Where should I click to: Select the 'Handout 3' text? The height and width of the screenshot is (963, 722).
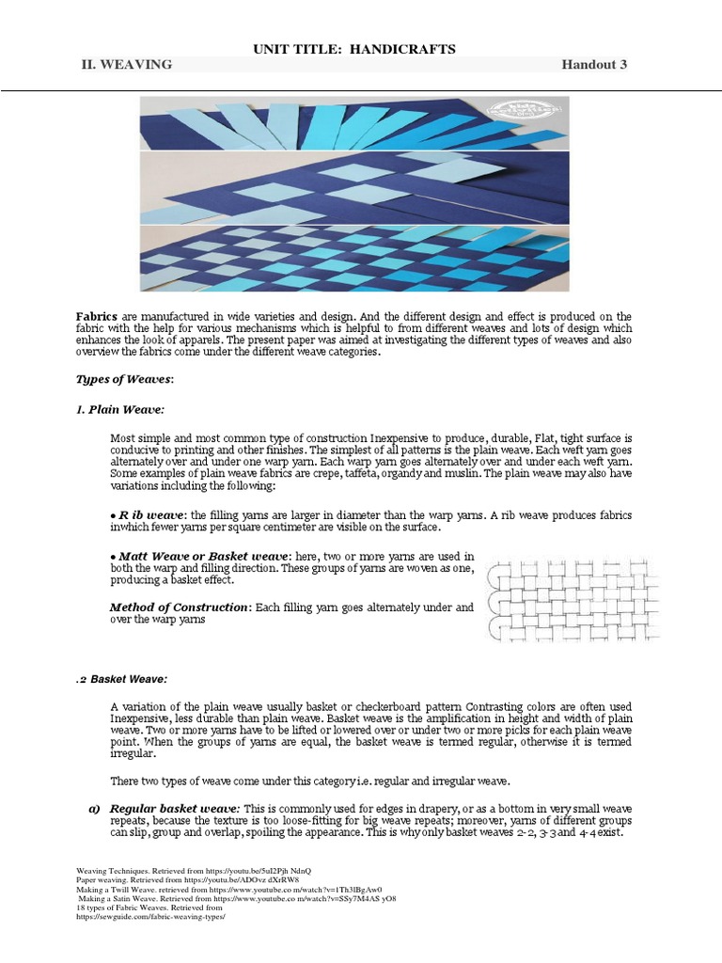594,64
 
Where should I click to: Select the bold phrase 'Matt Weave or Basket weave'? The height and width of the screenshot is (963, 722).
202,558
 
